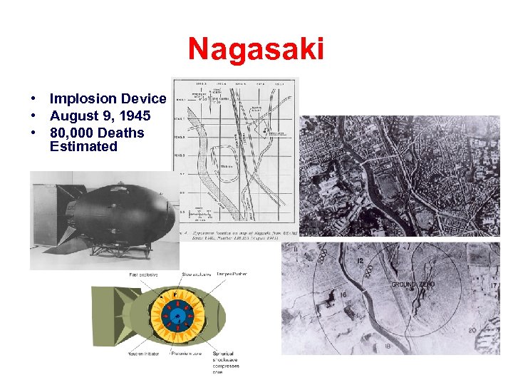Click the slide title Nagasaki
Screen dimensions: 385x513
point(256,50)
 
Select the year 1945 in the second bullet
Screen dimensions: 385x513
point(135,116)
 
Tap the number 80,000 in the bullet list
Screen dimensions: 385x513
point(71,133)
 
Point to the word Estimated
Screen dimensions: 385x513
point(83,147)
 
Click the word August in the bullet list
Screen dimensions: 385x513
point(72,116)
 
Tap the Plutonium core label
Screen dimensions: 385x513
point(187,354)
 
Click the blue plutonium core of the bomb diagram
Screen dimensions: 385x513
point(177,314)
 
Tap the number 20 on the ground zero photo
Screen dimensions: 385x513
point(472,330)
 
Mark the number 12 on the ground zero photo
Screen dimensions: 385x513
point(361,262)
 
